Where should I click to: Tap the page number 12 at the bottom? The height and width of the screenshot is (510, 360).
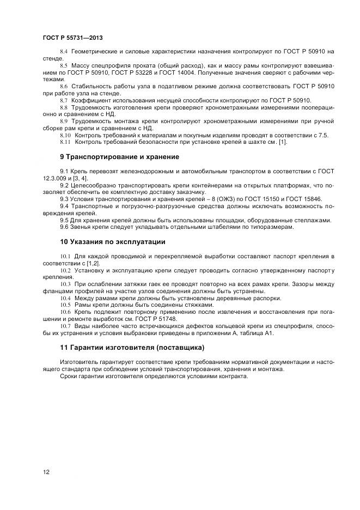[x=46, y=472]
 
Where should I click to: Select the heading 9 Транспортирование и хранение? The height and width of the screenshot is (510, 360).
[x=119, y=157]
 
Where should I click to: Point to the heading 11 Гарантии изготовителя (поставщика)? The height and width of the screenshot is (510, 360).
[x=132, y=347]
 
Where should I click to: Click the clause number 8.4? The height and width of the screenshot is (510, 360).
[x=63, y=51]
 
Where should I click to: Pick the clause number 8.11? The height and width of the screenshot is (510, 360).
[x=65, y=142]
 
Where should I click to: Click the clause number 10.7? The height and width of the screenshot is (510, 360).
[x=65, y=326]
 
